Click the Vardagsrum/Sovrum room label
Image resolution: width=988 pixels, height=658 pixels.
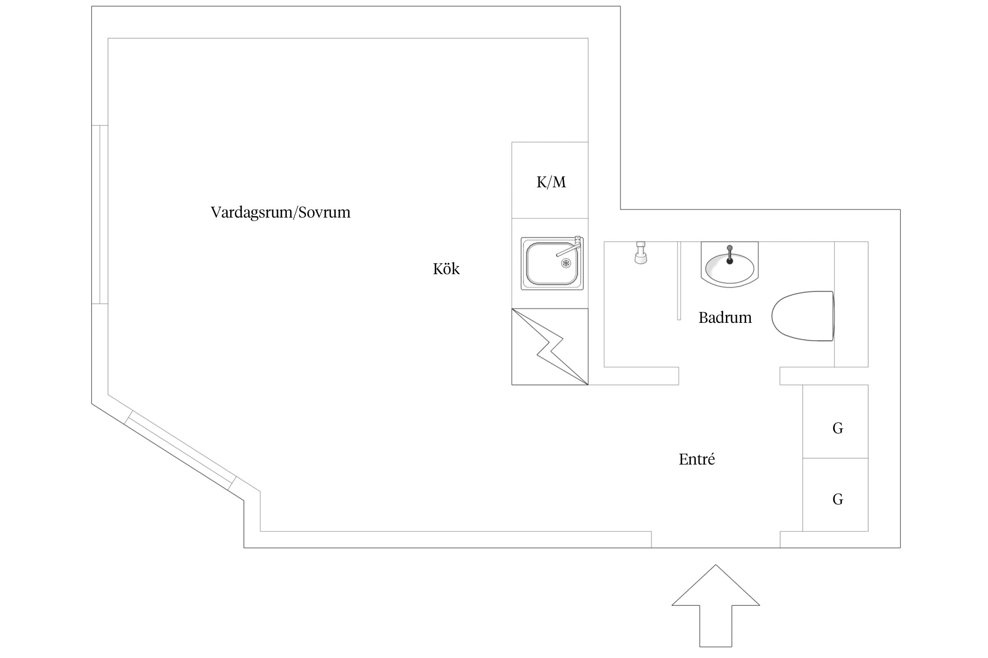(281, 212)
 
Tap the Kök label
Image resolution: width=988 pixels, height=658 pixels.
(446, 268)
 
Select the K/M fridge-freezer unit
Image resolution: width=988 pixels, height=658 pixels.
(550, 180)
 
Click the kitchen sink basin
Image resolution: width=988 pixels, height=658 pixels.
(552, 264)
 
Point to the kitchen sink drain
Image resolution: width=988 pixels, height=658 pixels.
(566, 263)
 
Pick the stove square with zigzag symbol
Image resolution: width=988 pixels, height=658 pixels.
(550, 347)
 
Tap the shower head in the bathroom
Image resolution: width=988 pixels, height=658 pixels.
(641, 253)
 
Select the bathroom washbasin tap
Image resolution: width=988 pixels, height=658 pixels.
(730, 255)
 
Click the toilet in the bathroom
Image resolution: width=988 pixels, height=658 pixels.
(803, 316)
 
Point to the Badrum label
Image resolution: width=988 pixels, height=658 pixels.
(725, 317)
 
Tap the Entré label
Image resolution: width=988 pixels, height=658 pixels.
(697, 459)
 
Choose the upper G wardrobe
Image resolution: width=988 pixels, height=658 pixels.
(835, 422)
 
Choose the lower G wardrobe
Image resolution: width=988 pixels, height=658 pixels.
(835, 495)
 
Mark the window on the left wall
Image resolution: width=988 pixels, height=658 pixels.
(100, 215)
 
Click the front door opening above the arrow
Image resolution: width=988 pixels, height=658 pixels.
(716, 540)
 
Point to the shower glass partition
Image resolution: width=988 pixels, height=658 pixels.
(679, 281)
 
